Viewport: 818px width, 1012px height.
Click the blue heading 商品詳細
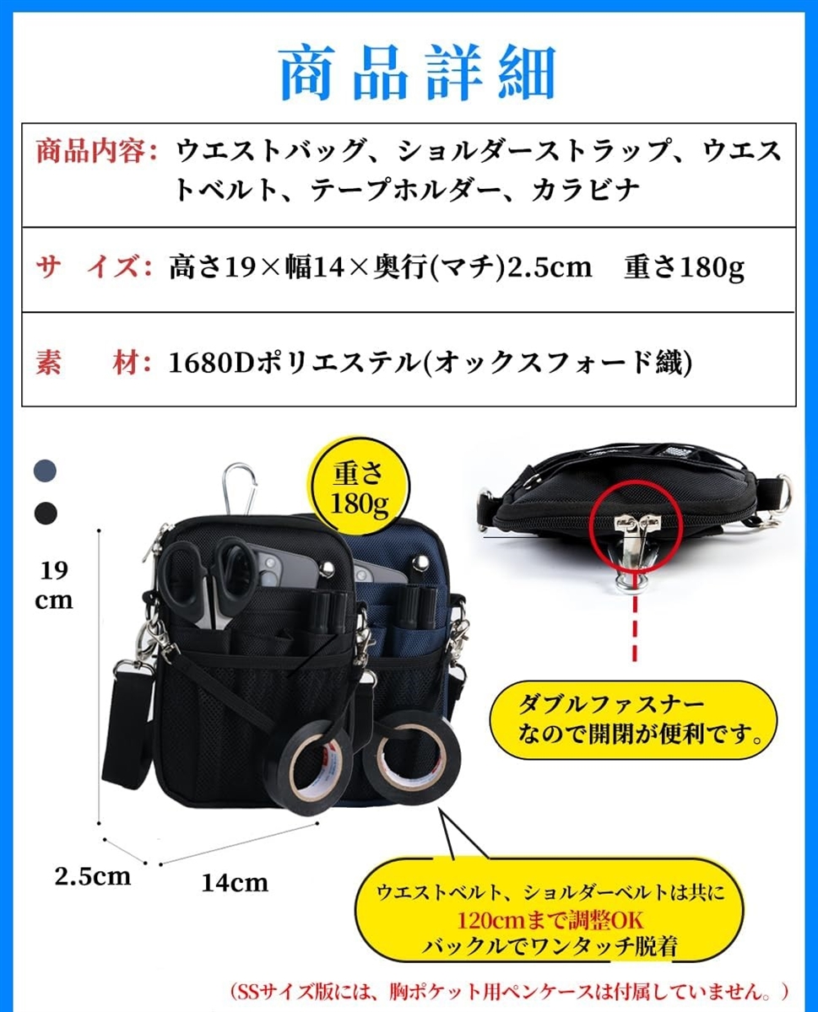coord(418,73)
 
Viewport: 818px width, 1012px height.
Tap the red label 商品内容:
coord(96,152)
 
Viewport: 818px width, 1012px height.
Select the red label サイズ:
coord(94,266)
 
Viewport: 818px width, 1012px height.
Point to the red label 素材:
coord(94,362)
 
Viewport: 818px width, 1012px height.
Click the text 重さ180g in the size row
coord(684,267)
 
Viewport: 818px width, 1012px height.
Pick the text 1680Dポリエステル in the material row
coord(294,363)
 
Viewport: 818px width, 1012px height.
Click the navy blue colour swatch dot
coord(46,471)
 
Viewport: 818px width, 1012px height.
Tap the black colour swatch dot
coord(46,513)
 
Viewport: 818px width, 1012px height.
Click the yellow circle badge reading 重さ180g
coord(360,487)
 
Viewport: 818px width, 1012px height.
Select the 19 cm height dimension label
coord(54,585)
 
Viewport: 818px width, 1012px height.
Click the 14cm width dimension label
coord(235,883)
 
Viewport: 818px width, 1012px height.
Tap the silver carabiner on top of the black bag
coord(240,489)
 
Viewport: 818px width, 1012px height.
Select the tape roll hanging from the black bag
coord(310,768)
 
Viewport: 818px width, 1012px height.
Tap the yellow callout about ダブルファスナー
coord(633,719)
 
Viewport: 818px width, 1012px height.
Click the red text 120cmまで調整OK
coord(550,920)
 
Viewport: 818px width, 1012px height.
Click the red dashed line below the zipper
coord(635,628)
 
